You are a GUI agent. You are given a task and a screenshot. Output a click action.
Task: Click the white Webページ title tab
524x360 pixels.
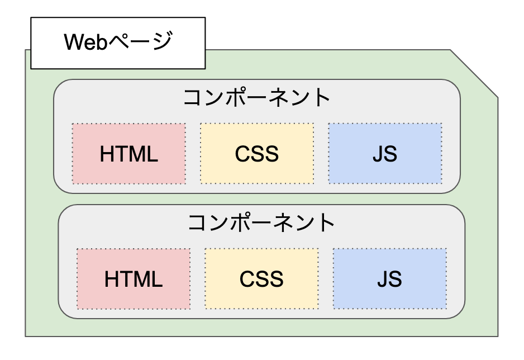(x=118, y=43)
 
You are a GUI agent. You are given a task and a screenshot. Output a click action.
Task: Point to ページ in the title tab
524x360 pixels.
(x=139, y=43)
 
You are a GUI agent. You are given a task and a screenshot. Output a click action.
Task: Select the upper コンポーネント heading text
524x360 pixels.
(x=257, y=98)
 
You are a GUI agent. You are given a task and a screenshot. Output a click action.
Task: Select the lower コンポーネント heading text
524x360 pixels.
(x=261, y=223)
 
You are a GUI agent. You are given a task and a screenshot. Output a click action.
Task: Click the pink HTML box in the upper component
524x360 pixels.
(x=129, y=154)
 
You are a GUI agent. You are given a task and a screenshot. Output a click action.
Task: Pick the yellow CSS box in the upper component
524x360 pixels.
(x=257, y=154)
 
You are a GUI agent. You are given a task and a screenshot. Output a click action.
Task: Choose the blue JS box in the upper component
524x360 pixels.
(x=385, y=154)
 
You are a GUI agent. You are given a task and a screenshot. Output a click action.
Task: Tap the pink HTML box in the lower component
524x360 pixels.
(x=134, y=278)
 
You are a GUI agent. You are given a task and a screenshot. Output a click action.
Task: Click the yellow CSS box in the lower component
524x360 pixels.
(x=261, y=278)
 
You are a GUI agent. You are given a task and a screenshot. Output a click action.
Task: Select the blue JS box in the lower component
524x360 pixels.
(x=389, y=278)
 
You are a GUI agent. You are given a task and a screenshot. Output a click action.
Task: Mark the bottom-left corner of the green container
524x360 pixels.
(x=26, y=335)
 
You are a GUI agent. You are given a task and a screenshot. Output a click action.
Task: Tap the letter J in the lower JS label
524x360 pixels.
(x=383, y=278)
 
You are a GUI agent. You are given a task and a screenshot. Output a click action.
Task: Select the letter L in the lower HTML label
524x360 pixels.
(x=158, y=278)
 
